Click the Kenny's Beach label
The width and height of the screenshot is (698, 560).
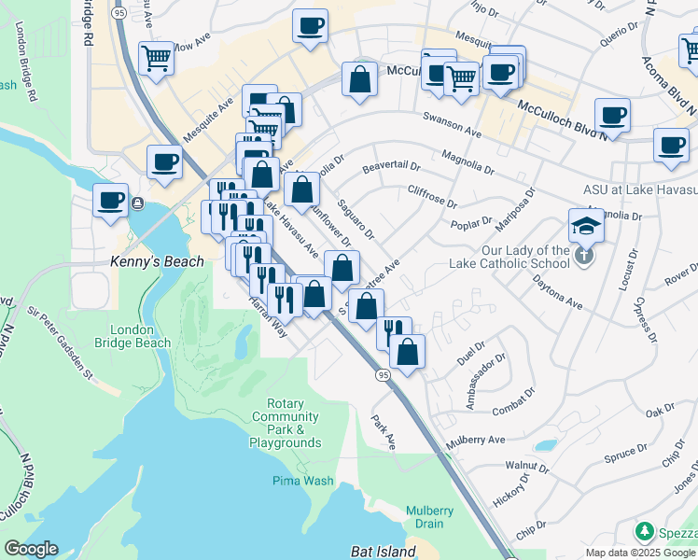pos(157,262)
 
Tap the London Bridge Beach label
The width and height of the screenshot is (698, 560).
pos(140,336)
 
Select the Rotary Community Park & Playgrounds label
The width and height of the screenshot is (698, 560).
pos(285,423)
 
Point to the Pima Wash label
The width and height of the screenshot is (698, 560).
pos(303,481)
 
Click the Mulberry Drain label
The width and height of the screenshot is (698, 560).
pos(429,517)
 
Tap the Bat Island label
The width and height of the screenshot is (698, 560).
pos(383,552)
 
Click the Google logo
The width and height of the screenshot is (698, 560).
pos(31,549)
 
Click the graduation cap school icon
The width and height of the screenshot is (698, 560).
pos(586,226)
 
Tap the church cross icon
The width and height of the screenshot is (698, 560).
pos(584,255)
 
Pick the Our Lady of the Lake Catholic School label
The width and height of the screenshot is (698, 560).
pos(525,257)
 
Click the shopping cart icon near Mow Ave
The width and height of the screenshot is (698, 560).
pos(157,58)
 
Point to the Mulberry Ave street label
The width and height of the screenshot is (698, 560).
pos(476,439)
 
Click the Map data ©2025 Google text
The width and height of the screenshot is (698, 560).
pos(641,553)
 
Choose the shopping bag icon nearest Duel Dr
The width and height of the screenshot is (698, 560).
pos(407,352)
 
